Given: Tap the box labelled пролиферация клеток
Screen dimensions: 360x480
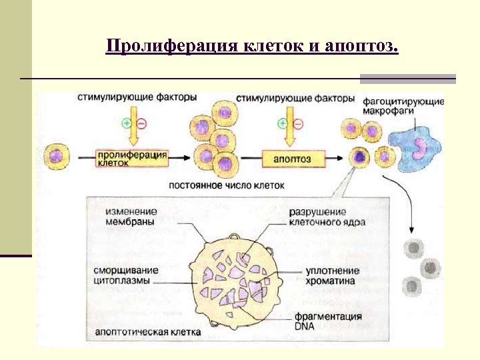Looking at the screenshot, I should pyautogui.click(x=131, y=158).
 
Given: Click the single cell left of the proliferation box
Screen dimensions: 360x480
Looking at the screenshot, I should pyautogui.click(x=55, y=157).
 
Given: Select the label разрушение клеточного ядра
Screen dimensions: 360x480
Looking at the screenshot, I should pyautogui.click(x=327, y=217).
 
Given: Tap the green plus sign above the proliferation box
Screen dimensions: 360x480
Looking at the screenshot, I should pyautogui.click(x=127, y=123).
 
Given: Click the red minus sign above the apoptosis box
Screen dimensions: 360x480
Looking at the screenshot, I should pyautogui.click(x=298, y=123).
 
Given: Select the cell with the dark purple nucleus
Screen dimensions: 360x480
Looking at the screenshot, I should pyautogui.click(x=359, y=157).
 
